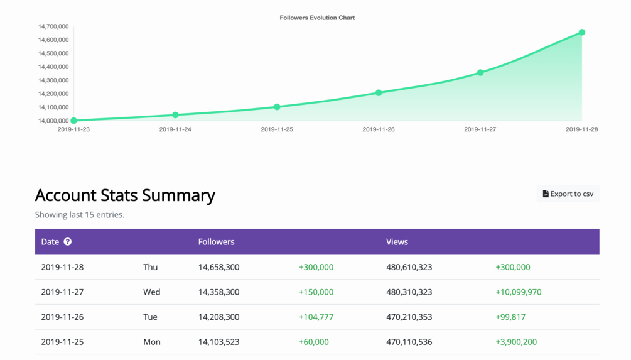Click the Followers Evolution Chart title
point(317,18)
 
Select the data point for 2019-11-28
point(582,32)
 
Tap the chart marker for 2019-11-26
point(379,93)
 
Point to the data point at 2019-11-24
point(175,115)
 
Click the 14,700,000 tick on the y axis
point(53,26)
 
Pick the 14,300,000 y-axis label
point(53,80)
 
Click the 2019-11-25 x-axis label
point(277,129)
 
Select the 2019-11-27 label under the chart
point(480,129)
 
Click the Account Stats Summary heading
point(125,195)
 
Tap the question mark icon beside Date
point(68,242)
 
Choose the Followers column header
point(216,242)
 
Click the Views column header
point(397,242)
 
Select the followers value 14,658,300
point(218,267)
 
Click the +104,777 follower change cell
point(316,317)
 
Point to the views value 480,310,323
point(409,292)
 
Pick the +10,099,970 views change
point(518,292)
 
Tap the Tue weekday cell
point(150,317)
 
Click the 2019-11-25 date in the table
point(62,342)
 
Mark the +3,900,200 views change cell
point(515,342)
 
